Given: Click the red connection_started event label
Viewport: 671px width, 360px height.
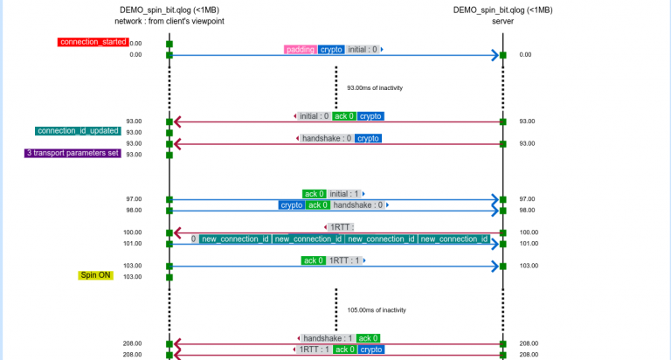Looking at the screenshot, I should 93,42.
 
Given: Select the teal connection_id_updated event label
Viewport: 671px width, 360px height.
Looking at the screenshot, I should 78,131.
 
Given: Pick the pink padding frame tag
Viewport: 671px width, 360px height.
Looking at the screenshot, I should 301,50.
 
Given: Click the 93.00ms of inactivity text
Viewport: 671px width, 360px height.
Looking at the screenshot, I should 374,87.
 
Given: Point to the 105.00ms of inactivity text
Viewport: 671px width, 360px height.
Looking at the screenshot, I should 376,309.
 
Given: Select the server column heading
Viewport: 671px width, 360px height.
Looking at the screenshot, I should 502,21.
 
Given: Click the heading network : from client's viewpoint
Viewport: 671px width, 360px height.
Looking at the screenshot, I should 169,21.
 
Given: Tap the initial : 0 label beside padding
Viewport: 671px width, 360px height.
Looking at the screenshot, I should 363,50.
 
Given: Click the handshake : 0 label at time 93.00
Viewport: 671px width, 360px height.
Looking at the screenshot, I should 327,138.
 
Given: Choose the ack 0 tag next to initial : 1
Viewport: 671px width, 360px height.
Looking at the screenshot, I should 314,194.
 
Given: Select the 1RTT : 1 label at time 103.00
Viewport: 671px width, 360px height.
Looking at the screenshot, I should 344,260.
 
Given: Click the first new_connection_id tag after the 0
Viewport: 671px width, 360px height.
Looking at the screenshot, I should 234,239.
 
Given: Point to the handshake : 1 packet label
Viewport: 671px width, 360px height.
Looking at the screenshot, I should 328,338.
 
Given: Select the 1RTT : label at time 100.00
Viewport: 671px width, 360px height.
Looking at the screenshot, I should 342,227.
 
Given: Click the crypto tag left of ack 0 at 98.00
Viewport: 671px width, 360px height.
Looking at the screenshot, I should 291,205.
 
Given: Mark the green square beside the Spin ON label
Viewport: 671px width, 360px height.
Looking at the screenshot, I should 169,277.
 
